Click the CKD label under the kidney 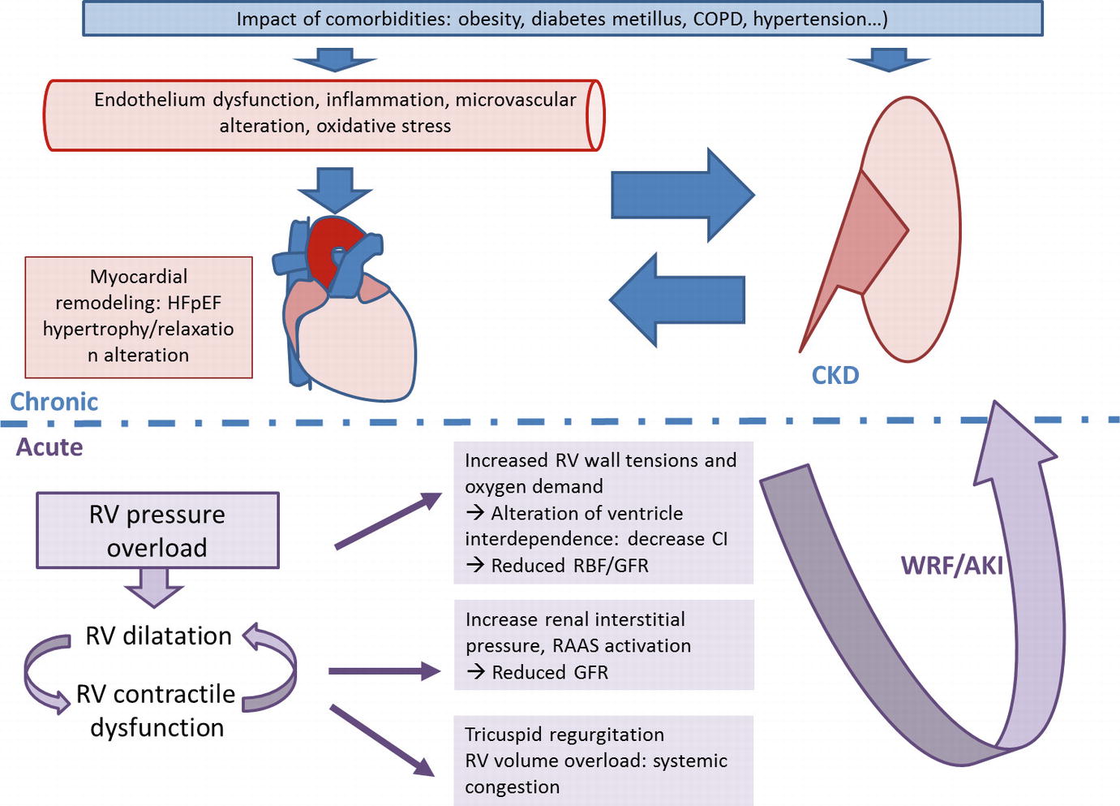pos(835,375)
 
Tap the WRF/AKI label pos(952,565)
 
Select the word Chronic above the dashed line pos(54,402)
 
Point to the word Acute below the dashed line pos(49,447)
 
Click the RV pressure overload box pos(157,531)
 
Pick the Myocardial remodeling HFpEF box pos(139,317)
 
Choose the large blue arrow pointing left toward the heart pos(676,300)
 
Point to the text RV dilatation pos(159,636)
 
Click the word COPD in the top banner pos(718,19)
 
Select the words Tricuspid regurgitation pos(564,735)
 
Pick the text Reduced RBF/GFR pos(569,566)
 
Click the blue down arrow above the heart pos(335,189)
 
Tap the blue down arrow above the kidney pos(889,59)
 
